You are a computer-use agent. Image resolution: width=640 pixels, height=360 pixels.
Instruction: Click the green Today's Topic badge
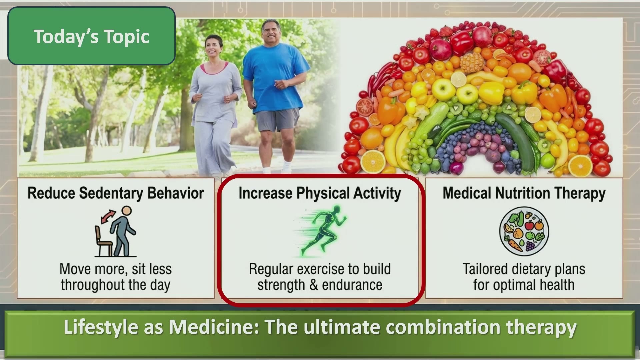point(91,36)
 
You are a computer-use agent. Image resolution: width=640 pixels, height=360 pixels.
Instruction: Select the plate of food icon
point(524,231)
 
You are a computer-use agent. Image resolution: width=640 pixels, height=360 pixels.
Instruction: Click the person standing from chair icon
point(115,231)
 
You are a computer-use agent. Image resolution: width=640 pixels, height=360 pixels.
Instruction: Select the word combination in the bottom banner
point(444,327)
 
